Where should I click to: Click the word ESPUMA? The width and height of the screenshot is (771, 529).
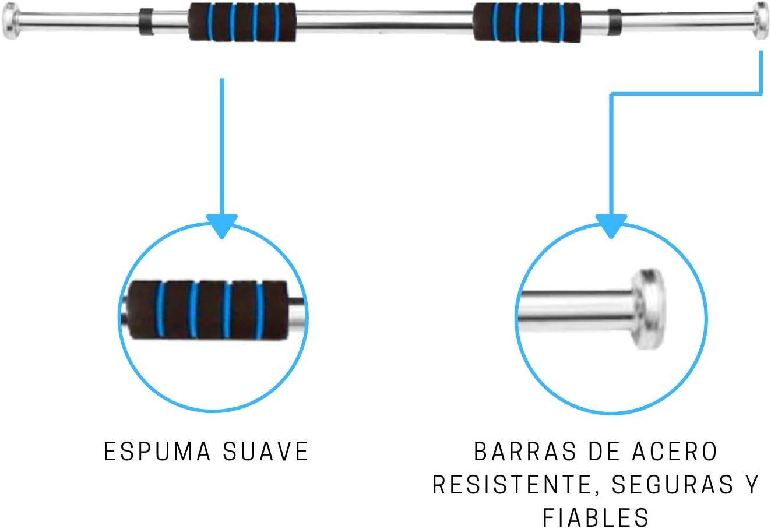coord(151,452)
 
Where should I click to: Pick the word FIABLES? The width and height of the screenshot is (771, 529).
coord(595,517)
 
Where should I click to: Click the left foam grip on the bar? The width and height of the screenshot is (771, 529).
coord(242,22)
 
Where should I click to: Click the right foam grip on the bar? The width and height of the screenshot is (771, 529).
coord(527,22)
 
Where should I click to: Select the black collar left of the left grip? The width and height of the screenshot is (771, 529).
coord(146,22)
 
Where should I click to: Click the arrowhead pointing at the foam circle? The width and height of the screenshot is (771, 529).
coord(221,226)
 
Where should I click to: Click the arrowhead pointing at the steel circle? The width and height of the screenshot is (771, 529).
coord(610,226)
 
